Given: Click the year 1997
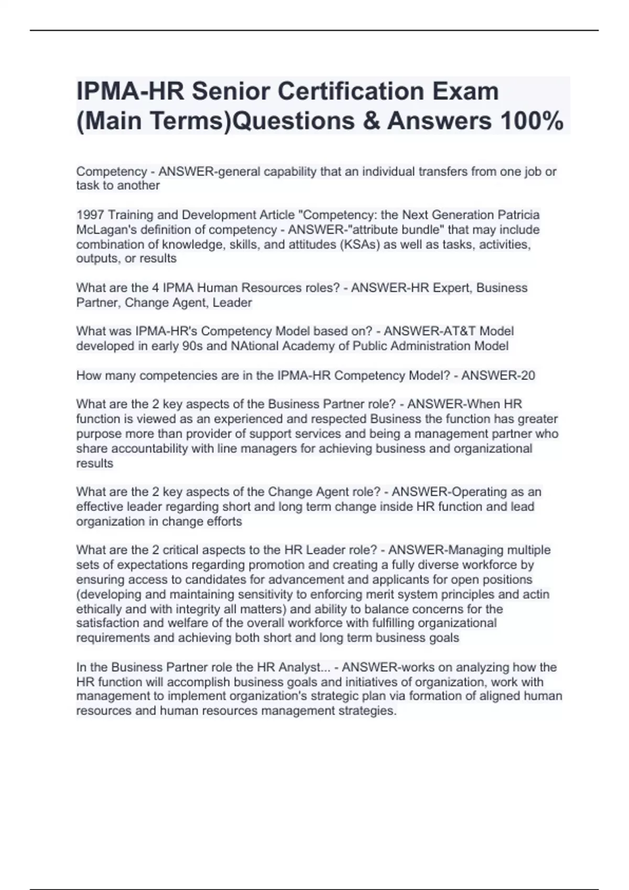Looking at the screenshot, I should [90, 215].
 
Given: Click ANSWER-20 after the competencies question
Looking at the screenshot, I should [498, 375].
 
